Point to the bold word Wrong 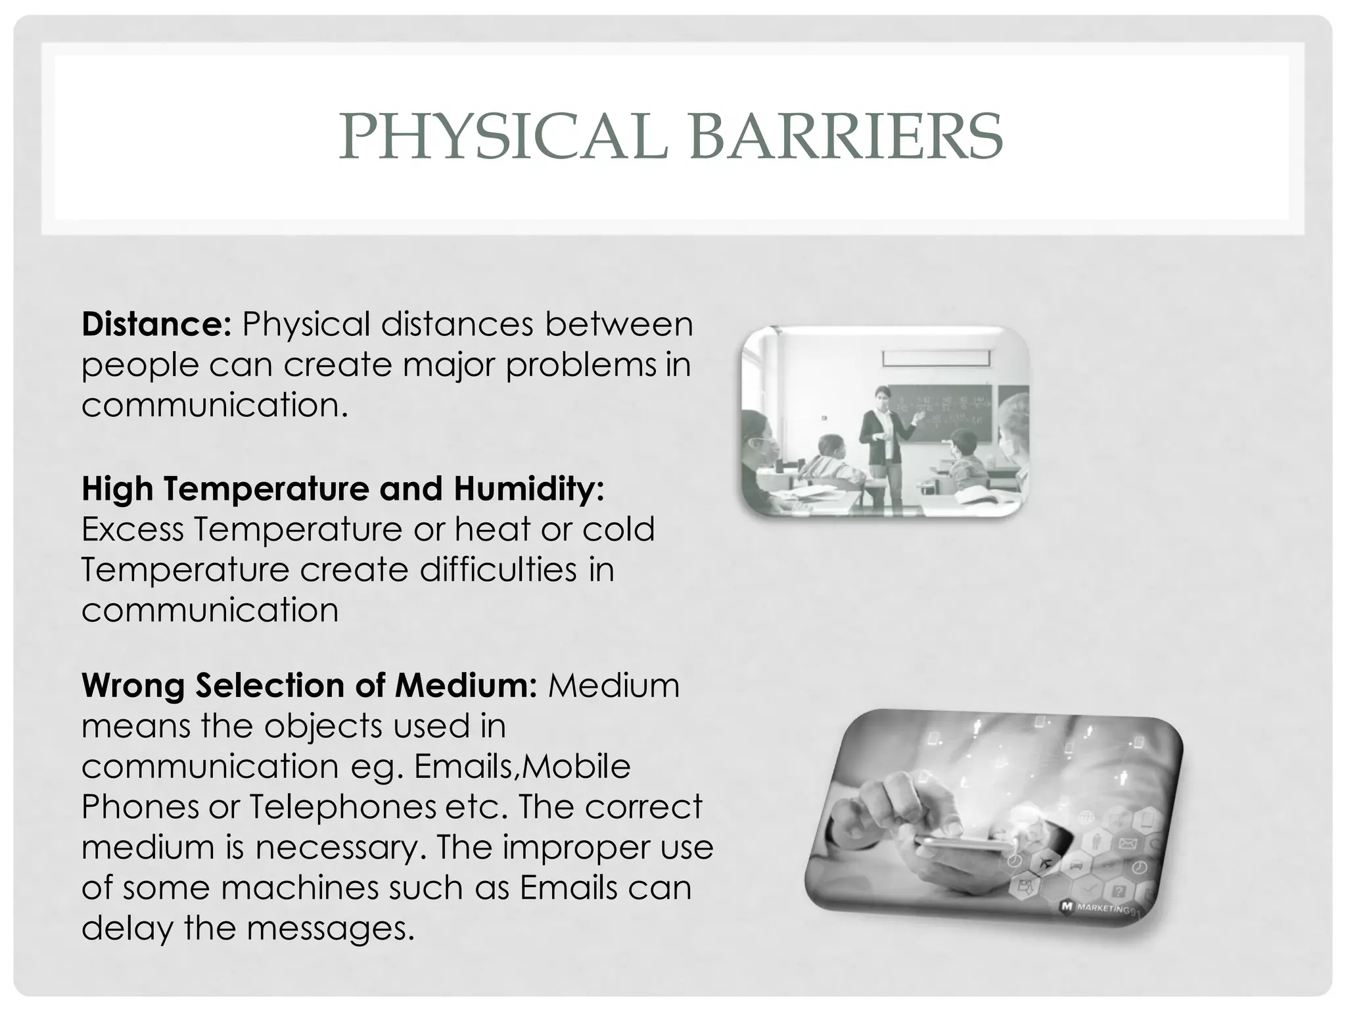[x=133, y=685]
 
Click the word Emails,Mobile [x=522, y=766]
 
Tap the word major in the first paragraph [x=452, y=365]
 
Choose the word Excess [x=133, y=529]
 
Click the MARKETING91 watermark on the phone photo [x=1100, y=908]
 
